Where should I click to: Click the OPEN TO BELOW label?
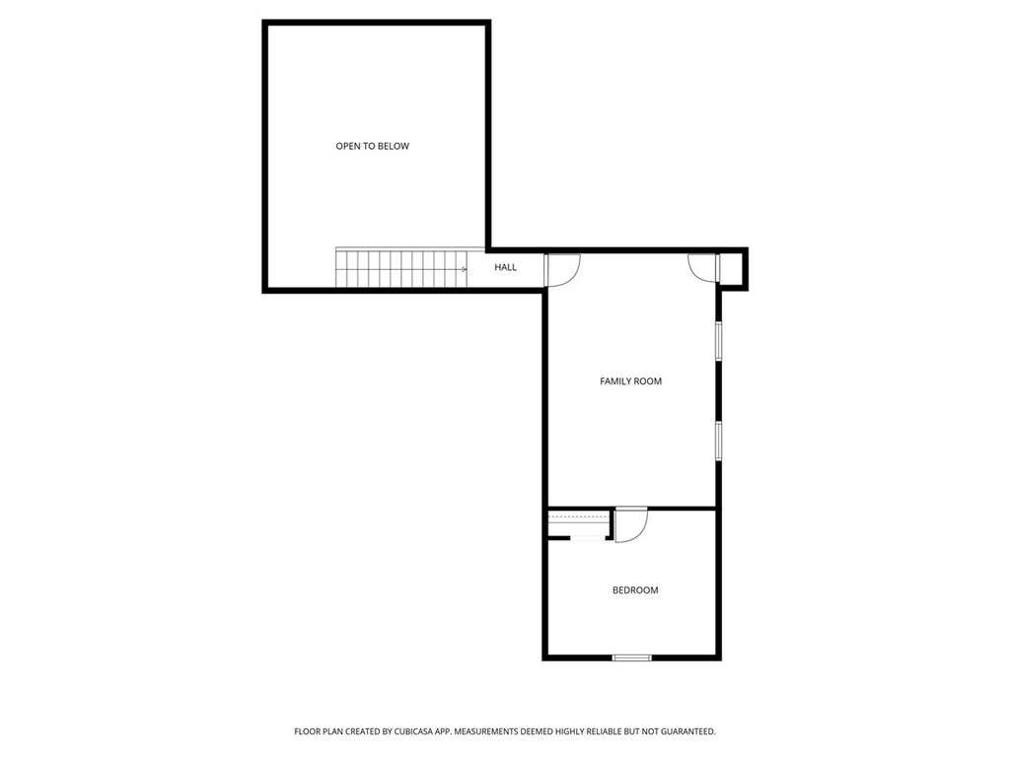point(372,146)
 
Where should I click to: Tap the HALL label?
point(505,267)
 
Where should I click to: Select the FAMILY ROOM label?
point(630,380)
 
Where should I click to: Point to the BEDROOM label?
point(635,590)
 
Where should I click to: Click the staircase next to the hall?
point(399,268)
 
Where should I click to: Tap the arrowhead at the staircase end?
point(464,268)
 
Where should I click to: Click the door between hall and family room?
point(561,270)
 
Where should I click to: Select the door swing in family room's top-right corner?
point(702,267)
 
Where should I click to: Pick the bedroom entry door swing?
point(630,524)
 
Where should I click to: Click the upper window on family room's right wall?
point(719,339)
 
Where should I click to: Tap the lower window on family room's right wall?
point(719,441)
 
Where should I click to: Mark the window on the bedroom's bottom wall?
point(631,657)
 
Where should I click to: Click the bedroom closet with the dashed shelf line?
point(580,523)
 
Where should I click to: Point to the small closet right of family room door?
point(733,269)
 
